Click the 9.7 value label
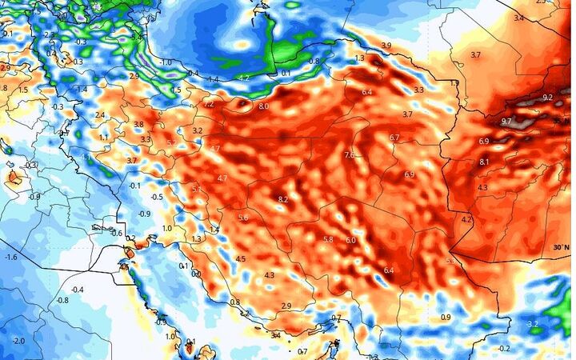click(x=506, y=121)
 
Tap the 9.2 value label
click(x=547, y=97)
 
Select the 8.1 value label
click(x=484, y=162)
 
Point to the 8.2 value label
click(x=283, y=199)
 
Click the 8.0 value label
click(x=264, y=106)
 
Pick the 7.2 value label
click(x=209, y=104)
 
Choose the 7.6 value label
click(x=349, y=154)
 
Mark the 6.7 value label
click(x=394, y=138)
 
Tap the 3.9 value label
click(x=386, y=45)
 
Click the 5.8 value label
click(x=328, y=239)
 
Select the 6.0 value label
click(x=350, y=240)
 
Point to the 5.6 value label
click(x=243, y=218)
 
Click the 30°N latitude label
click(x=561, y=247)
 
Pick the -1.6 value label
click(x=11, y=257)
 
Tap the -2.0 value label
click(x=18, y=341)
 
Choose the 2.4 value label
click(x=99, y=115)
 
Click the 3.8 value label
click(x=138, y=125)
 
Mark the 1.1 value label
click(x=103, y=138)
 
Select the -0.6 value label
click(x=117, y=233)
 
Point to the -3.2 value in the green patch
click(x=534, y=323)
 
